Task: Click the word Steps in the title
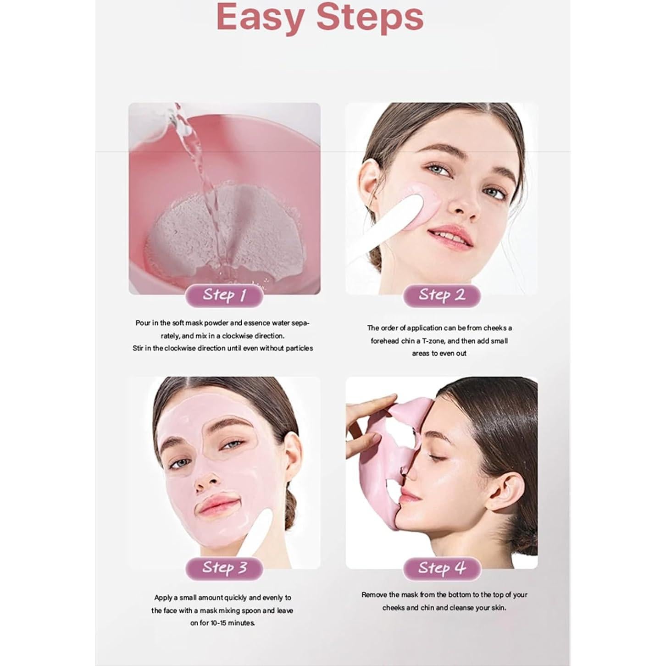pos(370,17)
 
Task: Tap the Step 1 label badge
pos(224,295)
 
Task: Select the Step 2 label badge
pos(442,295)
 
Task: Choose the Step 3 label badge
pos(224,568)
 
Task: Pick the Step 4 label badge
pos(442,568)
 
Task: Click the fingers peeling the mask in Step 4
pos(367,413)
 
